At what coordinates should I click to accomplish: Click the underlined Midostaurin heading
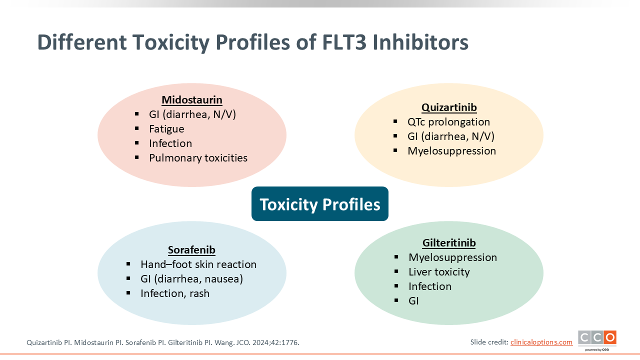(192, 100)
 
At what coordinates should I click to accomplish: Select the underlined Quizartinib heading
(449, 107)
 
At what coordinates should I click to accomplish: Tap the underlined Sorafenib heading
(191, 250)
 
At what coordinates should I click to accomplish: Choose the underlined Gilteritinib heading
(449, 243)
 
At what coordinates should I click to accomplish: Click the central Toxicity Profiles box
(319, 203)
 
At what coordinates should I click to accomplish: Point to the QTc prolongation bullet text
(448, 122)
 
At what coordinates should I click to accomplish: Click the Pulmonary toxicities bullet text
(198, 158)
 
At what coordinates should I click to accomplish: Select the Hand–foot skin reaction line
(198, 264)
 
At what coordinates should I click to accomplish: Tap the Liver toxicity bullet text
(439, 272)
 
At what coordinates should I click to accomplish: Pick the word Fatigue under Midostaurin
(166, 129)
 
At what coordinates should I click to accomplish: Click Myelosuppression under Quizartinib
(451, 151)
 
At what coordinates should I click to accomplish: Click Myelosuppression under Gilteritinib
(452, 257)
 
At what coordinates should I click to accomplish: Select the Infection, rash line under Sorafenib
(175, 293)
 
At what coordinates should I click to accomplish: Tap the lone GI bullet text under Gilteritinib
(413, 301)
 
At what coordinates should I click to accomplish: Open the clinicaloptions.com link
(541, 342)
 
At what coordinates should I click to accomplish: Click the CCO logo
(597, 340)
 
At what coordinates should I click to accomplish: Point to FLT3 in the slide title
(344, 42)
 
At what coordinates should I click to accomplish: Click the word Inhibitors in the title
(420, 42)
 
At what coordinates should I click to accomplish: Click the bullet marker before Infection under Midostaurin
(137, 143)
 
